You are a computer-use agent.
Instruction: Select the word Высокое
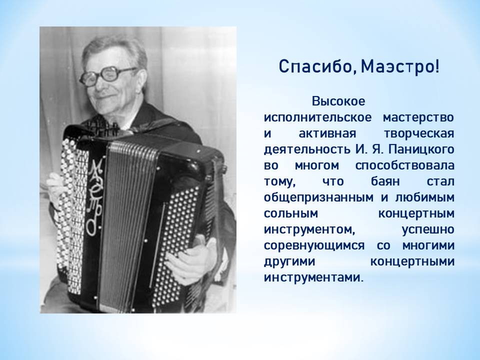pos(338,101)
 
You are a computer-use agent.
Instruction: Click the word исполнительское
pos(317,117)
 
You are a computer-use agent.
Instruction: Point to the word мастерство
pos(418,117)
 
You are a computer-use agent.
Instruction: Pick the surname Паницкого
pos(421,149)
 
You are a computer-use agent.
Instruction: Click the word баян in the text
pos(385,181)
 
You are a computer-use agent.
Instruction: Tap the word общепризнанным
pos(318,197)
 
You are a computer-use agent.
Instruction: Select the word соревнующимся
pos(314,245)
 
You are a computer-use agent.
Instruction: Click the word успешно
pos(427,229)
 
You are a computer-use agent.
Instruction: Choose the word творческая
pos(418,133)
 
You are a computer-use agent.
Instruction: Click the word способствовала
pos(404,165)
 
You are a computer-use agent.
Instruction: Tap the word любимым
pos(424,197)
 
